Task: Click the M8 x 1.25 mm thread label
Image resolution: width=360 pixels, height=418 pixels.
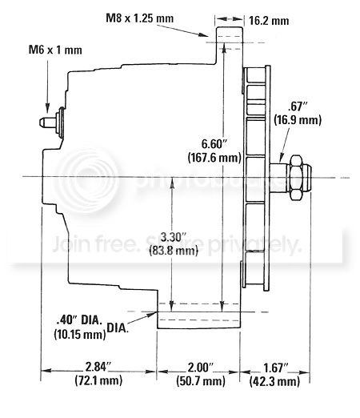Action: click(x=140, y=18)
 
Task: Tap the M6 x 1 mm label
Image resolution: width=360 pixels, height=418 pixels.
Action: click(x=55, y=50)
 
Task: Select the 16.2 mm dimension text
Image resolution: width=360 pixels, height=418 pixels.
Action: click(x=269, y=21)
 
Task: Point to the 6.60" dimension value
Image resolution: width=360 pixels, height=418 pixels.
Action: click(x=214, y=144)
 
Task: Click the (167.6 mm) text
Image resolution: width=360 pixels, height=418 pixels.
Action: click(x=214, y=158)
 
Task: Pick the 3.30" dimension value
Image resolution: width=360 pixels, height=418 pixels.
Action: click(x=173, y=237)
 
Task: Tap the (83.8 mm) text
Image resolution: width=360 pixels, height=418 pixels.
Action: click(x=174, y=251)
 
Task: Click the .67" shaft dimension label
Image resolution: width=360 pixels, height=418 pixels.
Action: click(x=296, y=107)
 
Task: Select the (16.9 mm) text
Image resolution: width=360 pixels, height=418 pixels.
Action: click(x=298, y=120)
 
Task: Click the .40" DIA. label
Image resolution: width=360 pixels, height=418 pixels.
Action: click(x=79, y=320)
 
